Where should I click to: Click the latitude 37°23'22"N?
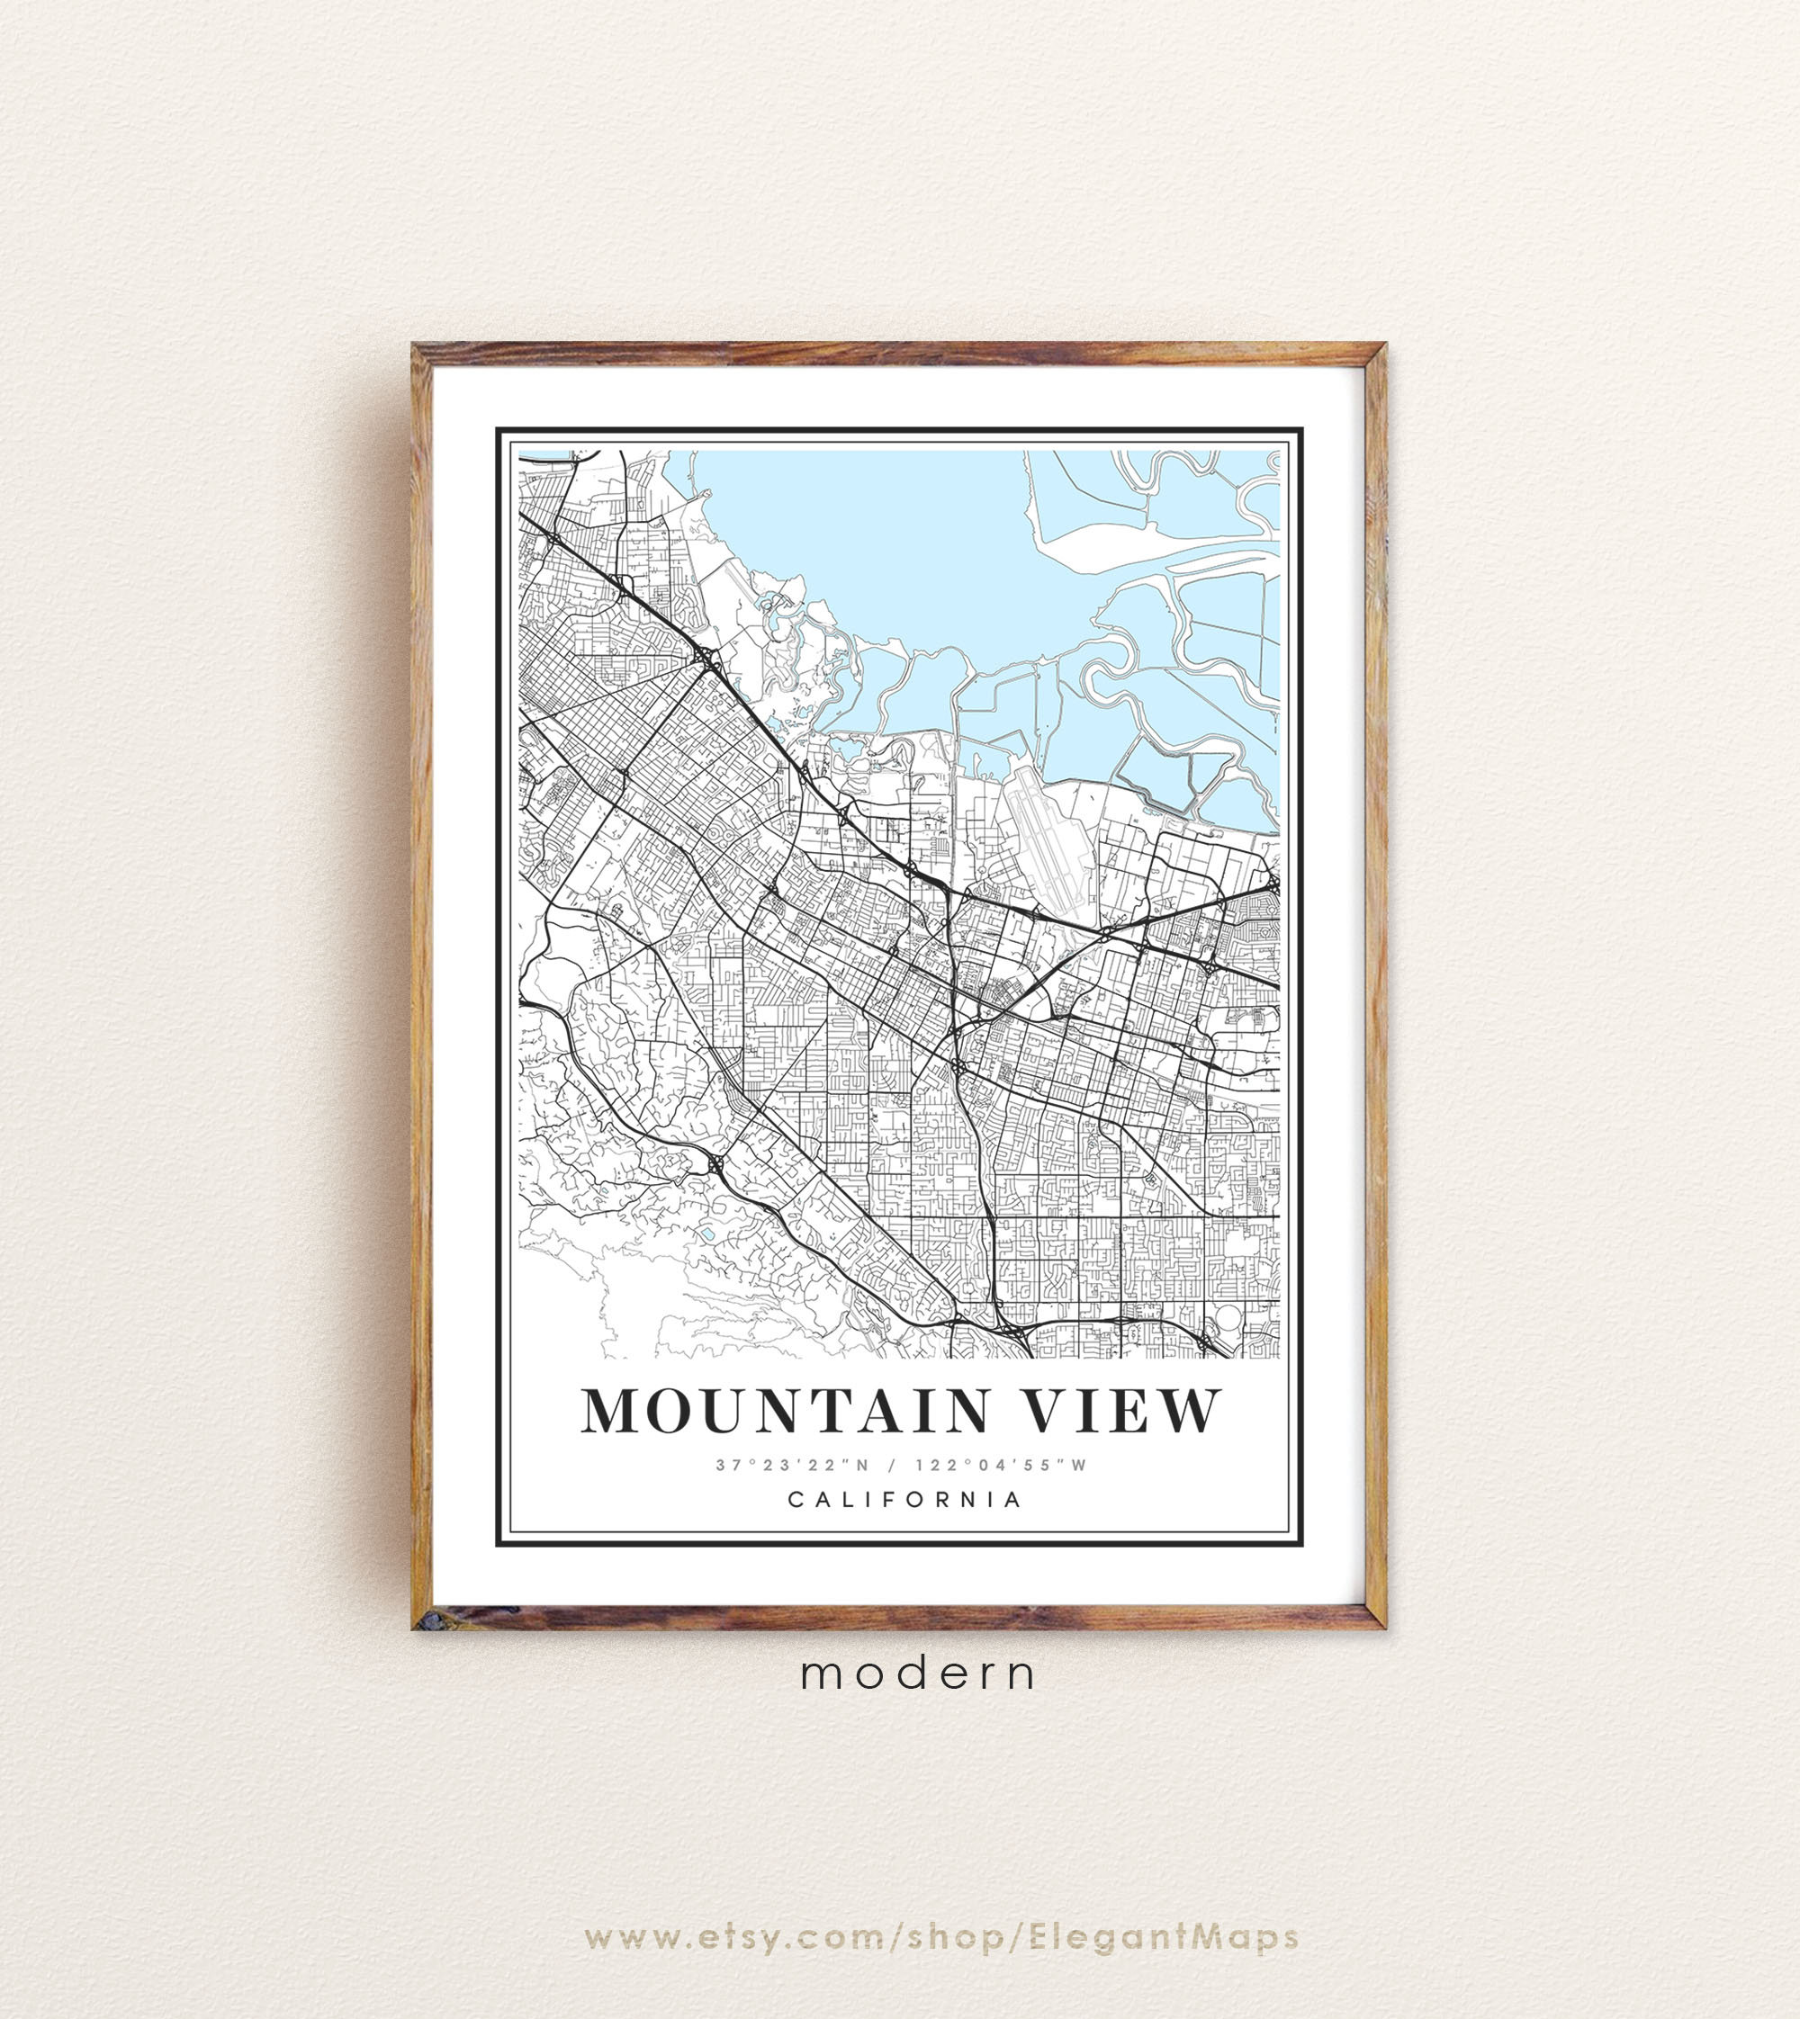pyautogui.click(x=792, y=1466)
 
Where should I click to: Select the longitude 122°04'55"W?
pyautogui.click(x=1001, y=1466)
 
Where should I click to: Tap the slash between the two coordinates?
pyautogui.click(x=893, y=1466)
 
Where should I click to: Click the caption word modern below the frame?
pyautogui.click(x=919, y=1673)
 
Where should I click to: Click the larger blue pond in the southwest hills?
pyautogui.click(x=708, y=1235)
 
